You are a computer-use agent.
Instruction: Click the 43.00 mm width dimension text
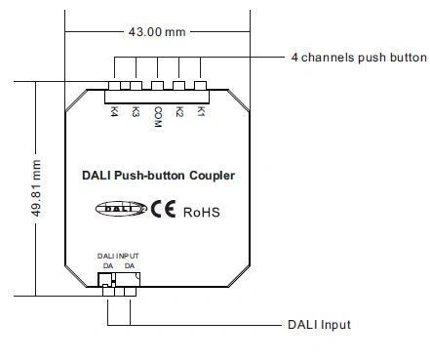(156, 31)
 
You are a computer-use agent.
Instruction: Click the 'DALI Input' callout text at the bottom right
(319, 325)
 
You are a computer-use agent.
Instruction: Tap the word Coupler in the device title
(214, 176)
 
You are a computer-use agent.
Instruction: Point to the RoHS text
(203, 208)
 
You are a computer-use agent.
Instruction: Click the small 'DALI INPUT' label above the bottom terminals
(118, 256)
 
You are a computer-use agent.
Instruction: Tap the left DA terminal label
(106, 264)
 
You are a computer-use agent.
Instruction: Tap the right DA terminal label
(129, 264)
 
